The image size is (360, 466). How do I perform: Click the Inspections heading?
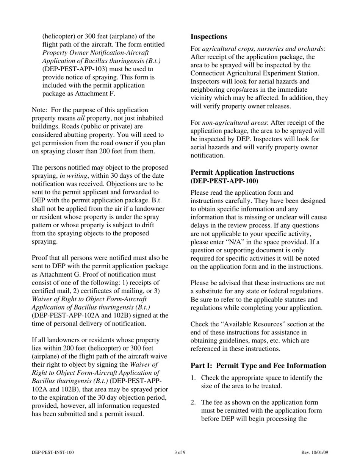coord(209,37)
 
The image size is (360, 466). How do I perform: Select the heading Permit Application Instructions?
coord(242,172)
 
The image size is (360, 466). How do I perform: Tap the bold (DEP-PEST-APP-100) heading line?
coord(224,181)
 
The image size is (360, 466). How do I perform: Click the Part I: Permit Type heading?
coord(258,366)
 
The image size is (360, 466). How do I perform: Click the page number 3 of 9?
coord(180,452)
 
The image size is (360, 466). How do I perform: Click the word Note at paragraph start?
coord(39,110)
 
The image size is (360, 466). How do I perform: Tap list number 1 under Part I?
coord(193,378)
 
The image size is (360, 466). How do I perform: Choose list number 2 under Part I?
coord(193,402)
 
